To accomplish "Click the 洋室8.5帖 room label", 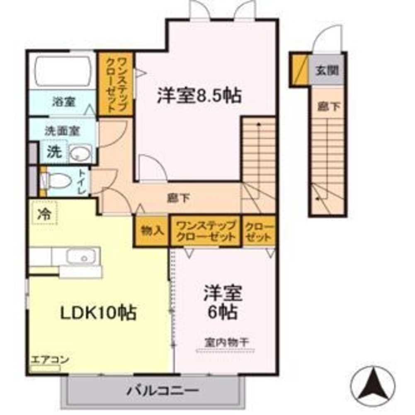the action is click(199, 95).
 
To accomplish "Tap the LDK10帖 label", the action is click(98, 313).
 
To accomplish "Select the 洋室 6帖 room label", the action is click(223, 302).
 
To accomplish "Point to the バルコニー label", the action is click(163, 391).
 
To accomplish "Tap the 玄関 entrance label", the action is click(328, 71).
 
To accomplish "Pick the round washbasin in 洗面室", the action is click(80, 153).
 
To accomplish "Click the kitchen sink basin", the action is click(81, 256).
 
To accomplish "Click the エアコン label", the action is click(50, 360).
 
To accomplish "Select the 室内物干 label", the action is click(226, 342).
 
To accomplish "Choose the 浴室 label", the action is click(63, 102).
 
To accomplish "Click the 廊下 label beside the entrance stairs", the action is click(329, 107).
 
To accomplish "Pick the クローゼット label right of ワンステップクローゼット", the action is click(259, 232).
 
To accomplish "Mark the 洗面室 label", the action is click(62, 131).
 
